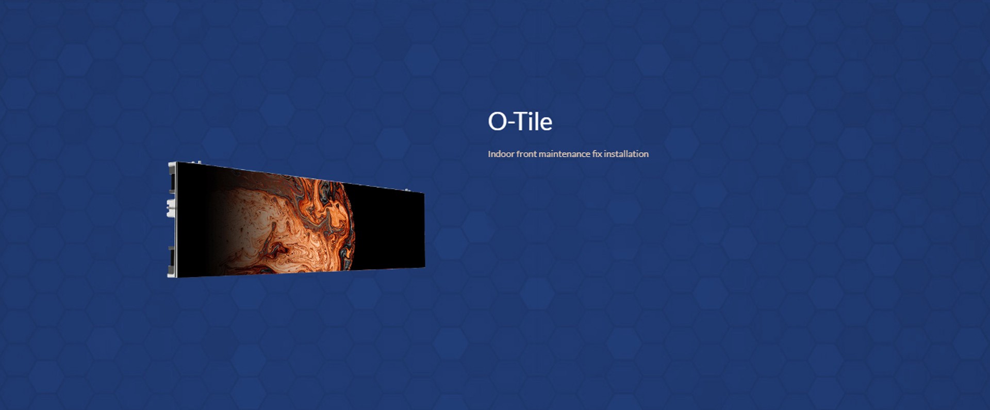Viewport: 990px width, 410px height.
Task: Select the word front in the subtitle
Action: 526,154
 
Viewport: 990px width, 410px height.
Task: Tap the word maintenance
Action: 565,154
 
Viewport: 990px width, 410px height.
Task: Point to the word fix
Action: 597,154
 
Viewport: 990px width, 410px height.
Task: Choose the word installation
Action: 626,154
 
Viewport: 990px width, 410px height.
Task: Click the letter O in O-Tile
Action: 498,122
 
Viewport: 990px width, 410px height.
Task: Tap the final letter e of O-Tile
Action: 546,124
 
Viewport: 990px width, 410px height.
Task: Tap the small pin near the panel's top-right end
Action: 407,190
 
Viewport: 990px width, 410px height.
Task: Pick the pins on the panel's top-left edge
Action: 196,162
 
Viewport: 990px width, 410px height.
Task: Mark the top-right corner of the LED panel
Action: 424,193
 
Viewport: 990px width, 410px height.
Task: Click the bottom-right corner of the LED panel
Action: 425,267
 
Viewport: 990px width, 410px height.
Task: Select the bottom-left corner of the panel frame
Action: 168,277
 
